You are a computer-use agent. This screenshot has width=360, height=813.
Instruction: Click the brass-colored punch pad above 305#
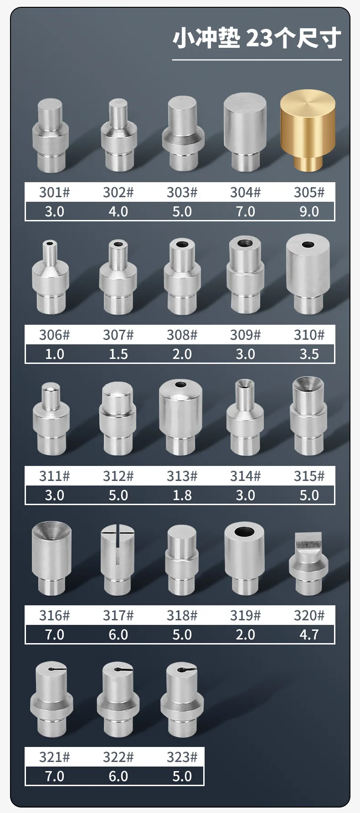[x=308, y=131]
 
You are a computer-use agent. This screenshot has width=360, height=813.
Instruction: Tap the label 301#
[x=54, y=192]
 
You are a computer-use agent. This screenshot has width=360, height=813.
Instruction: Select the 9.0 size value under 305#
[x=309, y=212]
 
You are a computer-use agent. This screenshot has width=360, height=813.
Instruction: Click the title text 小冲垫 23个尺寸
[x=257, y=38]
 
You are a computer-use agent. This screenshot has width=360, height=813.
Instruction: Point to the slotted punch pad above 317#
[x=118, y=559]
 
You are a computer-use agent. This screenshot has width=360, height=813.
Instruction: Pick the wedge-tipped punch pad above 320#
[x=309, y=563]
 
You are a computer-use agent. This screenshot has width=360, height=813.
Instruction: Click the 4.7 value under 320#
[x=309, y=634]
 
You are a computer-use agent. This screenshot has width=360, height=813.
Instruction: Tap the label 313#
[x=182, y=476]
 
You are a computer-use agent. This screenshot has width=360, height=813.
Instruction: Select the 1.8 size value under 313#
[x=182, y=495]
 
